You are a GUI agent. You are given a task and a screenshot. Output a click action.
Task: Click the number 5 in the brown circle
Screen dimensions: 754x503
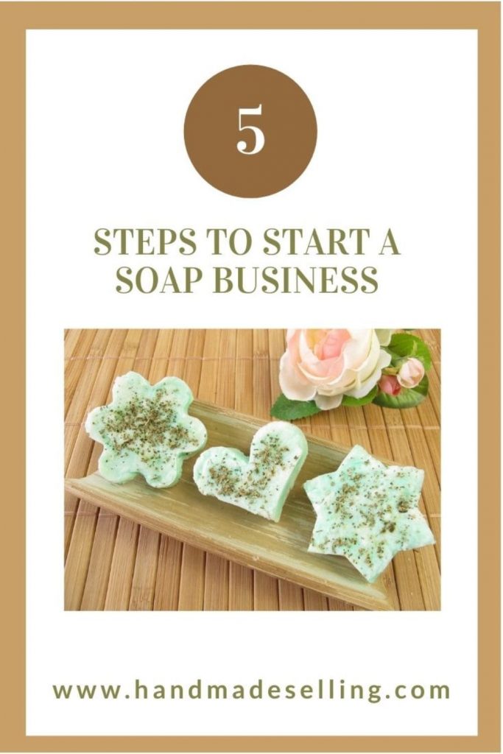[250, 132]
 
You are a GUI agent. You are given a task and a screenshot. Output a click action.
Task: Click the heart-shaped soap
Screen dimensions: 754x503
[250, 468]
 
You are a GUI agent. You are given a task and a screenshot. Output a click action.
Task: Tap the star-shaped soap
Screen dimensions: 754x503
[368, 508]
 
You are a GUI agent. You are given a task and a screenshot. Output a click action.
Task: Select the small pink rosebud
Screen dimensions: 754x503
[410, 372]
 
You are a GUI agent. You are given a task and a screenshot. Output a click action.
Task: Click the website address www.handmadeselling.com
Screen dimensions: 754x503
[251, 691]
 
